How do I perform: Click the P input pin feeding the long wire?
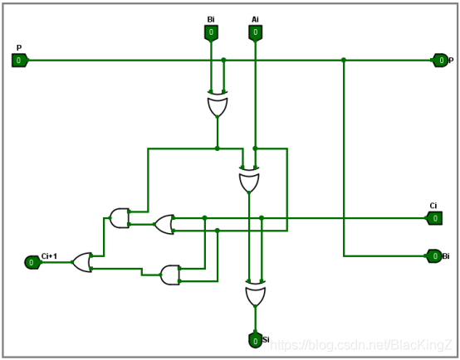(x=20, y=61)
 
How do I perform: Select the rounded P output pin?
(x=440, y=61)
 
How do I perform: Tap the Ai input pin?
(x=255, y=32)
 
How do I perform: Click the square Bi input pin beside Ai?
(x=211, y=32)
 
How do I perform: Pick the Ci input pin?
(x=434, y=218)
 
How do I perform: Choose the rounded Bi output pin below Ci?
(x=434, y=256)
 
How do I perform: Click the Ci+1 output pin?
(x=32, y=262)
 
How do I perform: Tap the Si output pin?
(x=255, y=340)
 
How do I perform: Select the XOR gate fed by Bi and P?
(x=218, y=104)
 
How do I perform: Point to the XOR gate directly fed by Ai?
(x=249, y=180)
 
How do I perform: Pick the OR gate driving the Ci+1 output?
(x=82, y=262)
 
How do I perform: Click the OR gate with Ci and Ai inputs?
(x=164, y=225)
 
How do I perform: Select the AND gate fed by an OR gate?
(x=120, y=218)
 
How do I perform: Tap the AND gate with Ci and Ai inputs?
(x=170, y=275)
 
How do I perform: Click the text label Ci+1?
(x=49, y=256)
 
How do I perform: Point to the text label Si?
(x=266, y=340)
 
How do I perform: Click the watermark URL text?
(x=361, y=345)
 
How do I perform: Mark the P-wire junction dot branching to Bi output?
(x=344, y=60)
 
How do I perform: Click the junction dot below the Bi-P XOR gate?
(x=218, y=148)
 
